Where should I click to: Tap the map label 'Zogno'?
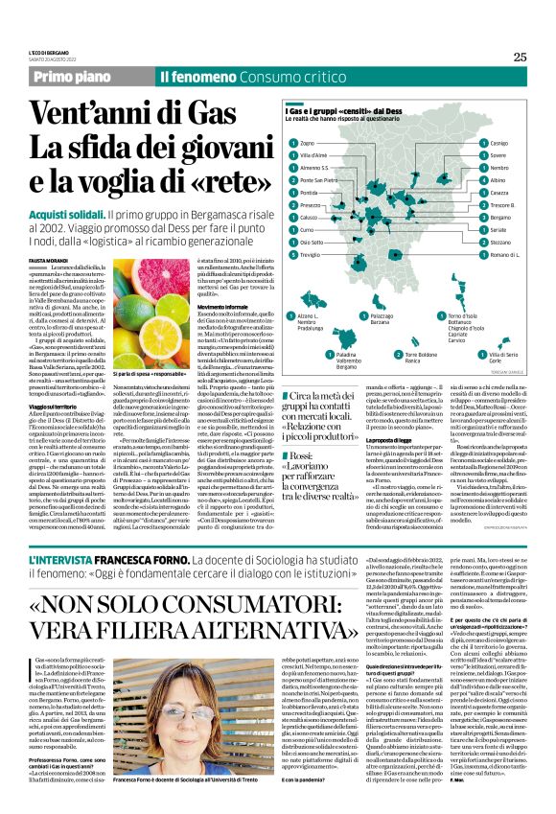point(308,143)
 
